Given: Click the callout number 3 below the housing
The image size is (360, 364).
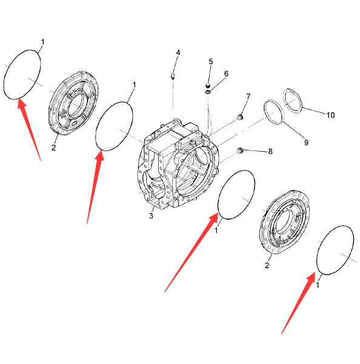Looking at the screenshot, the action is [151, 215].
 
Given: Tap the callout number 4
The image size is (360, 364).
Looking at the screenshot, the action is [178, 53].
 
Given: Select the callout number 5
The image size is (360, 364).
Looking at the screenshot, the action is [210, 62].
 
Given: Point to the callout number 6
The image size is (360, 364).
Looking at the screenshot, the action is [226, 74].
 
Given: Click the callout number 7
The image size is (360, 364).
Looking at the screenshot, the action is [248, 96].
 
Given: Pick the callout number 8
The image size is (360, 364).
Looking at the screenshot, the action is [270, 152].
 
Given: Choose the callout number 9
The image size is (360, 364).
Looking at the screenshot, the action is [306, 143].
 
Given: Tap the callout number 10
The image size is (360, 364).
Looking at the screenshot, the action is [330, 115].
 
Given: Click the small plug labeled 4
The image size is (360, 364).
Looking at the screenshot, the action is [173, 75].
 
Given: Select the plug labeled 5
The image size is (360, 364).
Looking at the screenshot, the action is [208, 85].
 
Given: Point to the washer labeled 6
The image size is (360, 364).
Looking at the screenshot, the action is [208, 92].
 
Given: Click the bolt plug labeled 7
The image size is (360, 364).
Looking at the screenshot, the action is [239, 117].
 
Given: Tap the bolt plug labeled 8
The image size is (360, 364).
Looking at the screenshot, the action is [240, 150].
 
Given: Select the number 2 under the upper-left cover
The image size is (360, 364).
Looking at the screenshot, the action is [53, 147].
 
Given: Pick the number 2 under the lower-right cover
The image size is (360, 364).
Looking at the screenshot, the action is [267, 265].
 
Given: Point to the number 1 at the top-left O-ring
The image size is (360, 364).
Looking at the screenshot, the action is [42, 42].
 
